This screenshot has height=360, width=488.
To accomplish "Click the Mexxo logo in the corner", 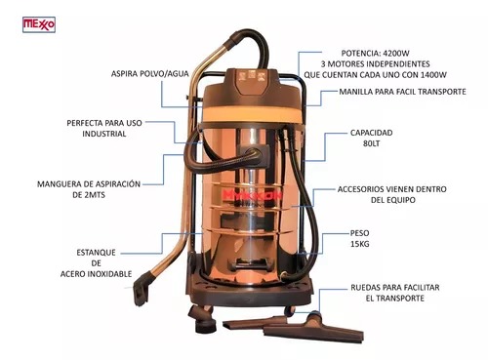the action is click(x=39, y=24).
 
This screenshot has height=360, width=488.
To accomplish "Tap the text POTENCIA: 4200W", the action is click(x=375, y=53).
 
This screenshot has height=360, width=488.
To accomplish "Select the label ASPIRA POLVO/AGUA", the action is click(x=150, y=74).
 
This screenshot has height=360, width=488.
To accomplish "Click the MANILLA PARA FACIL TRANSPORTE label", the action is click(x=402, y=92).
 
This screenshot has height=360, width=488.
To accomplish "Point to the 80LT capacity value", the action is click(x=371, y=143).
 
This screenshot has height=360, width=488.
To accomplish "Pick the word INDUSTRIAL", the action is click(x=104, y=134).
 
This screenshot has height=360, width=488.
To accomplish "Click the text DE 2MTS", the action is click(x=89, y=195).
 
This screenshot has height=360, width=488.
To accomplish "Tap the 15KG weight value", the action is click(x=359, y=244).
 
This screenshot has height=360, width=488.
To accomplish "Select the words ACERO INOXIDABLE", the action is click(x=96, y=274).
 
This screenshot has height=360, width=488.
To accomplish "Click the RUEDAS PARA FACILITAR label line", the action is click(x=395, y=288).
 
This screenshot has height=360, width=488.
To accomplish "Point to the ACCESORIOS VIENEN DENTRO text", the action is click(x=392, y=189).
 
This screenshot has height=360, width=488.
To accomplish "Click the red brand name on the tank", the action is click(x=253, y=195).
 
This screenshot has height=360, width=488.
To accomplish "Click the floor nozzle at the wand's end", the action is click(x=142, y=288).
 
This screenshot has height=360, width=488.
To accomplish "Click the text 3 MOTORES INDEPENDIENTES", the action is click(x=375, y=63).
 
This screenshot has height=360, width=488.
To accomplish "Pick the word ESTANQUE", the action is click(x=96, y=253).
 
